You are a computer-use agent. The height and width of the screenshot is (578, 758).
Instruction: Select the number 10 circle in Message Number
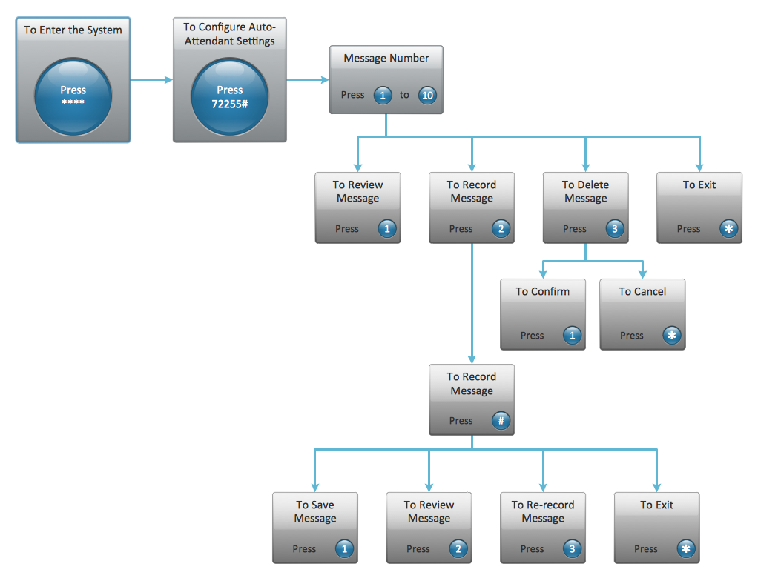[427, 95]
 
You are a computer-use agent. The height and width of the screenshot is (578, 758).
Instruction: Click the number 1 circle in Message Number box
[382, 95]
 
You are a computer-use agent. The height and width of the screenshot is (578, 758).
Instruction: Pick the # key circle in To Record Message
[501, 421]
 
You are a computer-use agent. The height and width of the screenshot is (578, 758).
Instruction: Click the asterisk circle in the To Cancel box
[672, 336]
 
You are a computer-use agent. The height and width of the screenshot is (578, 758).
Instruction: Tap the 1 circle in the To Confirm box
[572, 336]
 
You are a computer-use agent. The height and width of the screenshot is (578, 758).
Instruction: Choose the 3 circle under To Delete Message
[614, 229]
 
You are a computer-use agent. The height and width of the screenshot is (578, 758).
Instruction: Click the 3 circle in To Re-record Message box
[572, 549]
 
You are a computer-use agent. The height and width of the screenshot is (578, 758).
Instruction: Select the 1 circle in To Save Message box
[344, 549]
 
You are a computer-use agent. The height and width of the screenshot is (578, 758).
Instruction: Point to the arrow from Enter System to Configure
[151, 79]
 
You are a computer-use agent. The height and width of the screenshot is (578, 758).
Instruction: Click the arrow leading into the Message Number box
[308, 79]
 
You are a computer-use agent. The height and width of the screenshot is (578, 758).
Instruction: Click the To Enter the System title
[73, 30]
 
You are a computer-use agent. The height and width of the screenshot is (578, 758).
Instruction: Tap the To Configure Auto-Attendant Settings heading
[229, 34]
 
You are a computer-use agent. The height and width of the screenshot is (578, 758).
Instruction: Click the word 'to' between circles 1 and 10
[404, 95]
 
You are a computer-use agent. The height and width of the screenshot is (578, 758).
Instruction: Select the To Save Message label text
[315, 511]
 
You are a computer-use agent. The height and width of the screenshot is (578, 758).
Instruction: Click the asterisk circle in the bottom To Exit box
[686, 549]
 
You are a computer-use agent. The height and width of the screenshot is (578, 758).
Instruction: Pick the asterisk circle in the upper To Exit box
[728, 229]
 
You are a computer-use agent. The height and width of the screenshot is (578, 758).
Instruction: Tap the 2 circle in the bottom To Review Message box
[458, 549]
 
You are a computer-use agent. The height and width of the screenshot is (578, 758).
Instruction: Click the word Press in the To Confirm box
[532, 336]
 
